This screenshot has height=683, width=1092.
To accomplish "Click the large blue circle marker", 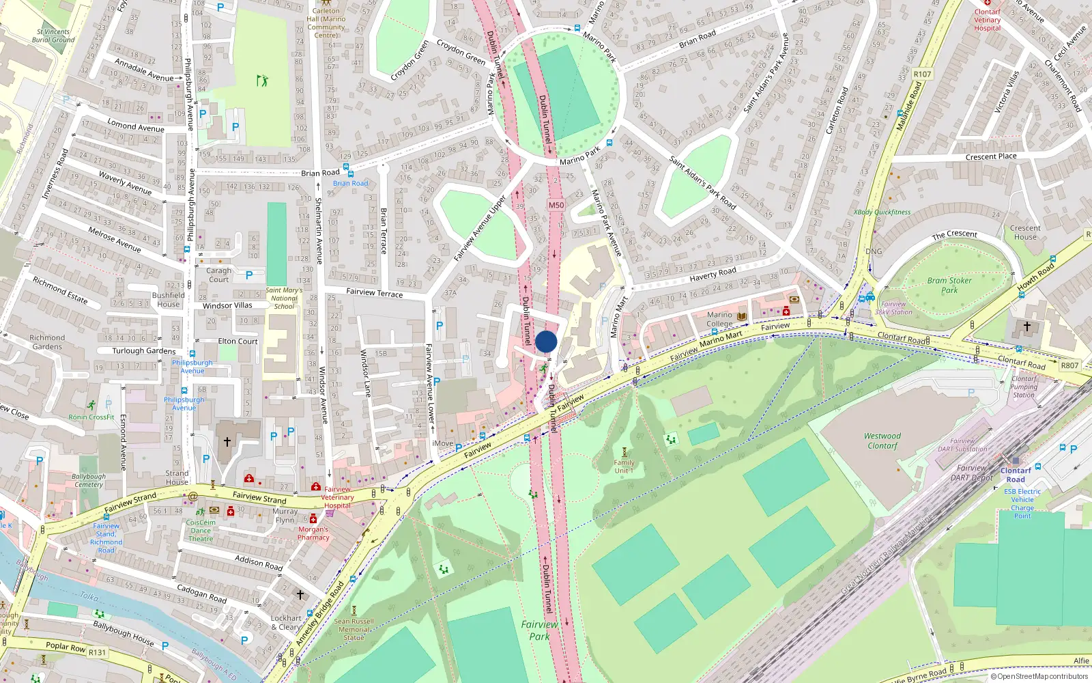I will point(546,341).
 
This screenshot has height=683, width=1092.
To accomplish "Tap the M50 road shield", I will point(556,205).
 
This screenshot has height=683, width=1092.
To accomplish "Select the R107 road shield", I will point(922,74).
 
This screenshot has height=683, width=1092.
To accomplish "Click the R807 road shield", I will point(1069,365).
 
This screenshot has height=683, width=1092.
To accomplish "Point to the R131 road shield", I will point(97,652).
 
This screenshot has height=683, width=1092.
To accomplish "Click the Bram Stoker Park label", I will point(949,285).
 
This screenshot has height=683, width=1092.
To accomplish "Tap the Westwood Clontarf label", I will point(882,441).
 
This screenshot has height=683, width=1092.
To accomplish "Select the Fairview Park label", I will point(539,630).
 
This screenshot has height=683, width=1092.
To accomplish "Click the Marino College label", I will point(719,320).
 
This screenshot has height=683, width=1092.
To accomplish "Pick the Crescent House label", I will point(1025,232).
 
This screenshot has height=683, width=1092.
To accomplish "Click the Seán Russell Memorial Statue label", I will point(354,629).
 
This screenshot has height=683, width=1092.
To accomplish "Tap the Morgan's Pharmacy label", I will point(313,533).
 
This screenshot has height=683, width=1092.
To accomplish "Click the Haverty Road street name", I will point(713,274).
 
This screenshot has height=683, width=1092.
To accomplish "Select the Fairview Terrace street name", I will point(375,292).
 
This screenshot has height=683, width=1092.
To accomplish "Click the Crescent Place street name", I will point(991,156).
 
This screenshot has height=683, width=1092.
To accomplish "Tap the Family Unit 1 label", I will point(624,466).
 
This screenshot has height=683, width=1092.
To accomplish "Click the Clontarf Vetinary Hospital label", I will point(988,20).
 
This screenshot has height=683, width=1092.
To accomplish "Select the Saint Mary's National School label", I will point(284,298).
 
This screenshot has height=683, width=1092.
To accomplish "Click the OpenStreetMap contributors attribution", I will point(1039,676).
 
